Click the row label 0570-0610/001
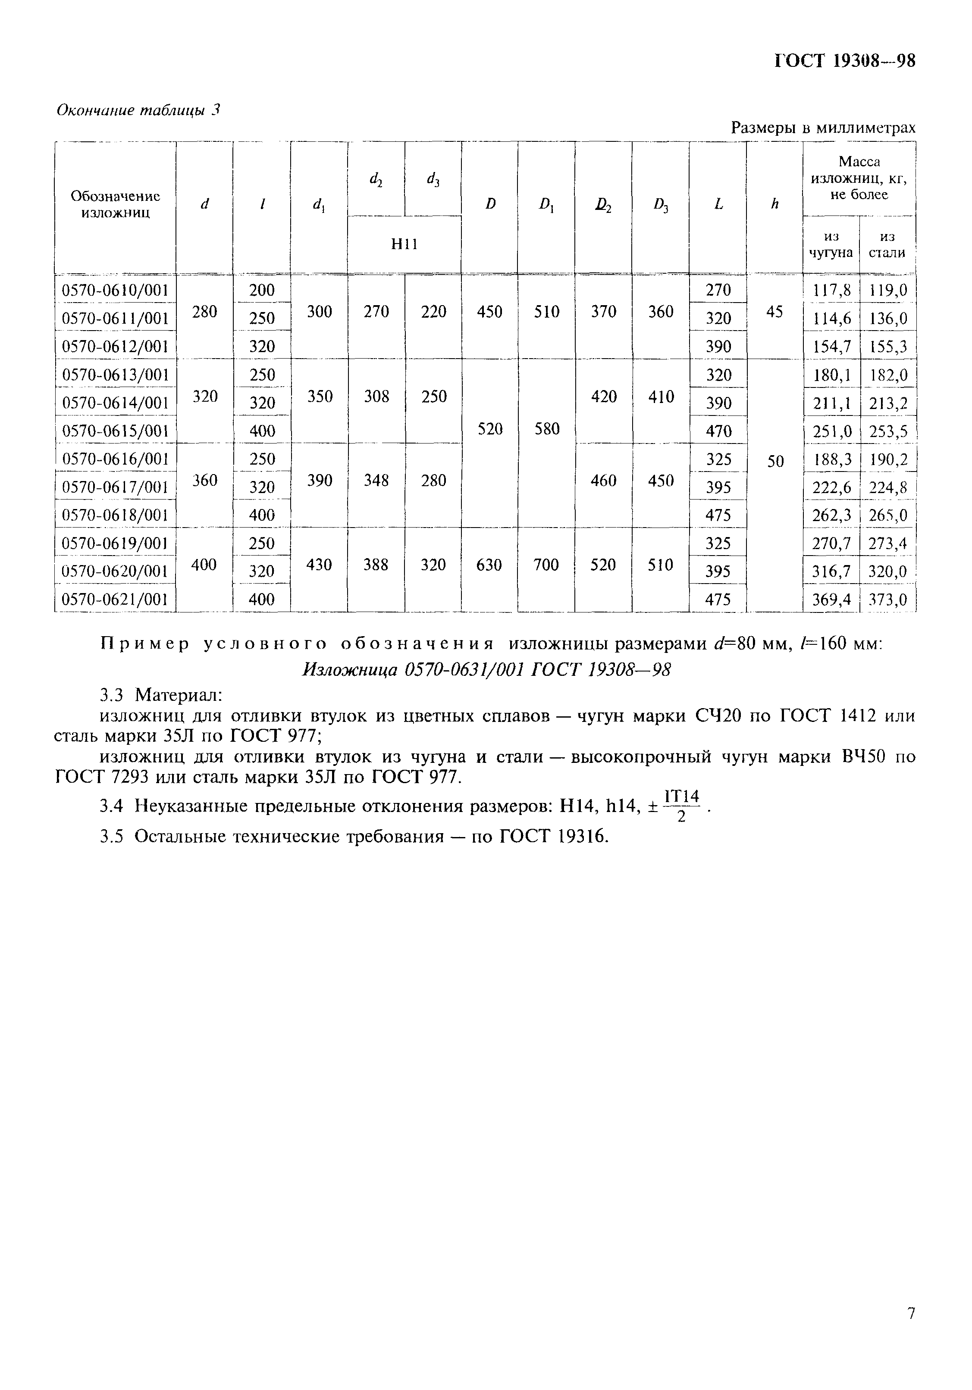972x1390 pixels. [x=115, y=290]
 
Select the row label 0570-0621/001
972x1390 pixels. [x=115, y=600]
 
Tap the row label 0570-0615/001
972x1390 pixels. [x=115, y=431]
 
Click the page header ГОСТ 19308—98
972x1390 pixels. [x=845, y=61]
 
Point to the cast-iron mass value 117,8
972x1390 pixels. [x=831, y=290]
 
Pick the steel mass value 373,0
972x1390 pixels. [x=888, y=600]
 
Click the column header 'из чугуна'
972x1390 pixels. [x=831, y=244]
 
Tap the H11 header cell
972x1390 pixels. [x=404, y=244]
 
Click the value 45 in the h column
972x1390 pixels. [x=774, y=312]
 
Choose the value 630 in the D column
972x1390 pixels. [x=489, y=565]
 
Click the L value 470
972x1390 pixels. [x=718, y=431]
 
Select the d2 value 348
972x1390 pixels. [x=376, y=481]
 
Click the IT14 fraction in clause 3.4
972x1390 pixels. [x=681, y=806]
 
